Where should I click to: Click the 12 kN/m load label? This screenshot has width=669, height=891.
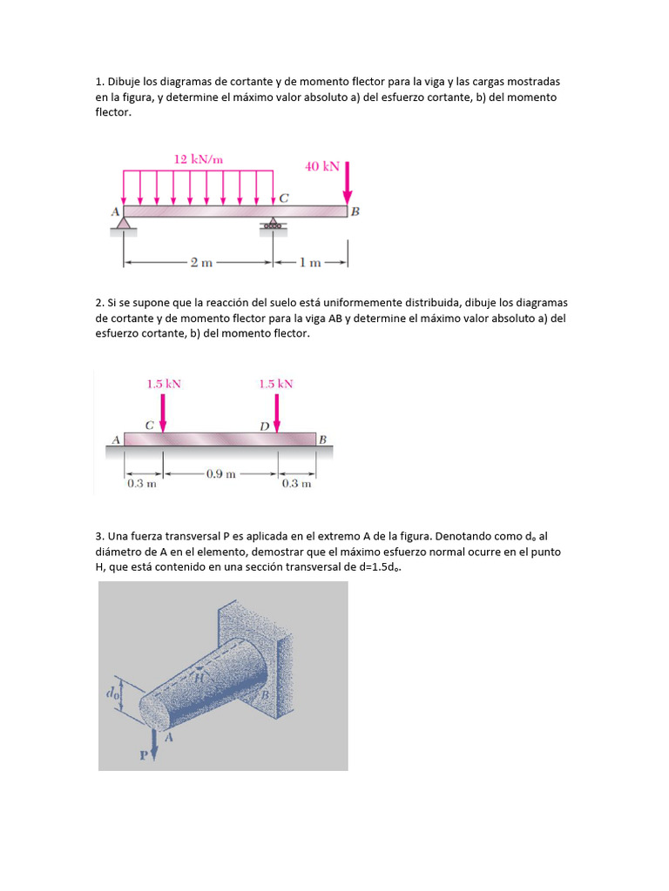click(x=199, y=159)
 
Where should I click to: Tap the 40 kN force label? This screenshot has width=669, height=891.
click(x=321, y=165)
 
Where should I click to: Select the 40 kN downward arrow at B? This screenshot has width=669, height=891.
click(x=347, y=183)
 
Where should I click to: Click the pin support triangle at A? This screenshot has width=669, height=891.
click(x=124, y=225)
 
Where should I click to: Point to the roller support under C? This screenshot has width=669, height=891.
click(x=274, y=225)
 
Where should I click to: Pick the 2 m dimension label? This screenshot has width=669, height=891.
click(x=200, y=262)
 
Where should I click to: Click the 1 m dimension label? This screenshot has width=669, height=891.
click(x=310, y=262)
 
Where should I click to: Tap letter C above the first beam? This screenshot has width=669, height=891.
click(x=284, y=198)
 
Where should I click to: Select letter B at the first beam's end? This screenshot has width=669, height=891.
click(x=355, y=211)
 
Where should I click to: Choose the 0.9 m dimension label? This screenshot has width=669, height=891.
click(x=220, y=474)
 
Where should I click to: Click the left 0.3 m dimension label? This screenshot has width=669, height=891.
click(x=141, y=485)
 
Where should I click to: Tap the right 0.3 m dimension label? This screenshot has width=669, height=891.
click(x=296, y=485)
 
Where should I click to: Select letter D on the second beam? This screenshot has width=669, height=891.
click(x=265, y=425)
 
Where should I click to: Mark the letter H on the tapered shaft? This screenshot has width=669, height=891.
click(x=199, y=677)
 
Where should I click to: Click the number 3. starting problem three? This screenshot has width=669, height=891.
click(x=99, y=536)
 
